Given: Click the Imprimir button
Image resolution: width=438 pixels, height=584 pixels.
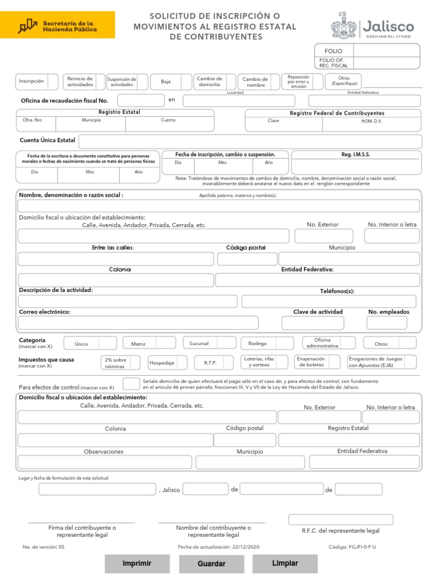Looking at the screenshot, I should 137,563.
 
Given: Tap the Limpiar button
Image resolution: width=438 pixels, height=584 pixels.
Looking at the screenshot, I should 285,563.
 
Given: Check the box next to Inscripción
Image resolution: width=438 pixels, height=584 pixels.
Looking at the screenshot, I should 53,82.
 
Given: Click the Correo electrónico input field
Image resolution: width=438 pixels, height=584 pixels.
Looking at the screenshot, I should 138,323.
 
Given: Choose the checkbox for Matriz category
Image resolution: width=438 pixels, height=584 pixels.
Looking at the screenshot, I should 165,343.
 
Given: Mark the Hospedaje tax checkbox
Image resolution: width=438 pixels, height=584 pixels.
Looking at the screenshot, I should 183,363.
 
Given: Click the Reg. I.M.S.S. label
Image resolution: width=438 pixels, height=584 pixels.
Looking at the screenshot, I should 356,155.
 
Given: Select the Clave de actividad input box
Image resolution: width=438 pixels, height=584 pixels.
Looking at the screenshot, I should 313,323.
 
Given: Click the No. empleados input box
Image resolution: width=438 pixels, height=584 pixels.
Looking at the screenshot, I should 387,323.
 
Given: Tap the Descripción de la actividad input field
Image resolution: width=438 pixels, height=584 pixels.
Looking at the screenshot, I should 128,301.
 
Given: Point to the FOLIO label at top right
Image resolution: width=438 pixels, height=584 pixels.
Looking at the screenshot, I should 333,51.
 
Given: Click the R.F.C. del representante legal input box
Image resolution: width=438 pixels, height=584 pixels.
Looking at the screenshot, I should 340,520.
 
